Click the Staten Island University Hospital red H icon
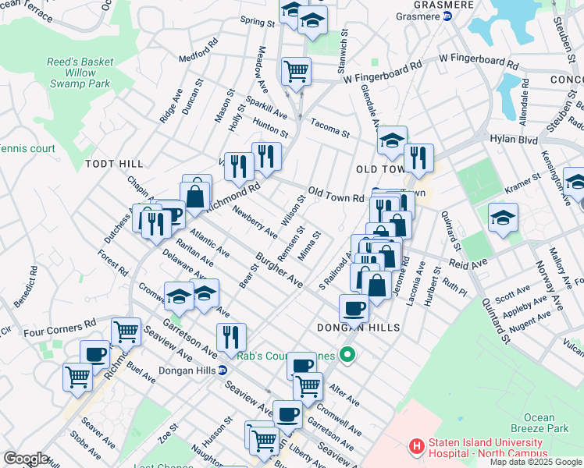(417, 447)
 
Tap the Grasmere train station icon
(447, 16)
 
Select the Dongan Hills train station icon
(223, 370)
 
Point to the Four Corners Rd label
(59, 326)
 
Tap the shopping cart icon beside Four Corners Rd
(126, 331)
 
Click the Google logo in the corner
(25, 459)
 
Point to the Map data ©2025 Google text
(536, 463)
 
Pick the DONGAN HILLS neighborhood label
(358, 328)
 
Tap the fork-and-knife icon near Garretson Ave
(231, 336)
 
